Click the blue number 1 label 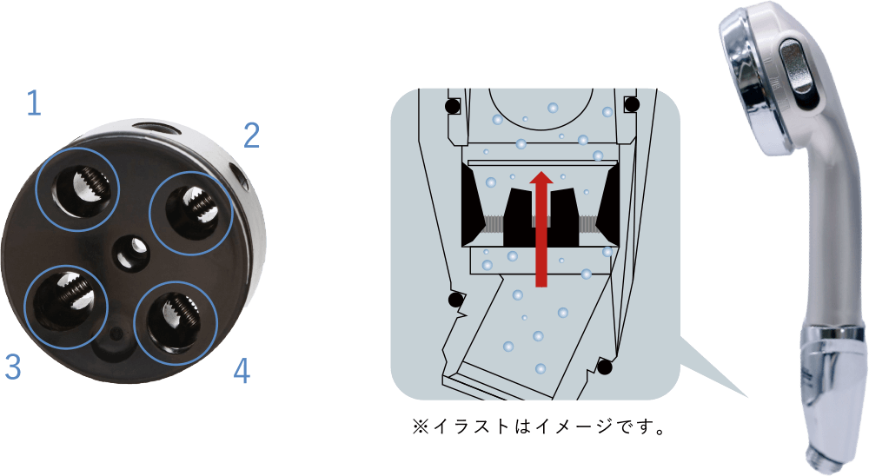(x=35, y=103)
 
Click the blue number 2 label (x=252, y=136)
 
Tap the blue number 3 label (x=13, y=367)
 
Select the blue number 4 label (x=242, y=371)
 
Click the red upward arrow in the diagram (x=541, y=228)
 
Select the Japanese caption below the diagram (x=538, y=426)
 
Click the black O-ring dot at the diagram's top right (x=632, y=103)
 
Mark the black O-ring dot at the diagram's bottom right (x=605, y=367)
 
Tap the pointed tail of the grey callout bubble (x=747, y=397)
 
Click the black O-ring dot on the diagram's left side (x=455, y=300)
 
